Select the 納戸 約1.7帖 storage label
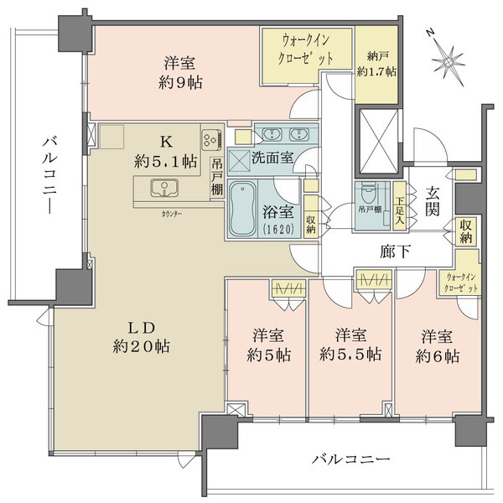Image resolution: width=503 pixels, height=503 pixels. pos(375,64)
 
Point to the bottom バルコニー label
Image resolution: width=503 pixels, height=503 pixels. pos(350,459)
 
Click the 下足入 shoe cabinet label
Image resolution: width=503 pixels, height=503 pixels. pos(401,206)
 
